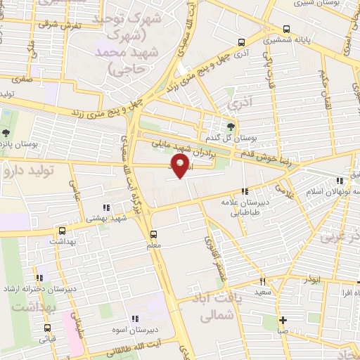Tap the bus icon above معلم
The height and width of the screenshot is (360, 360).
(x=153, y=234)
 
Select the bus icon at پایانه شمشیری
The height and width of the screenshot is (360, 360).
(x=285, y=29)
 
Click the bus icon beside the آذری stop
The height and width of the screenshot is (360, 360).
(x=242, y=42)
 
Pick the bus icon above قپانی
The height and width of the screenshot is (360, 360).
(x=47, y=328)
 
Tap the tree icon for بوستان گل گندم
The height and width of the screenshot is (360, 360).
(x=231, y=125)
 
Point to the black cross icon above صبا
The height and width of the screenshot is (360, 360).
(x=282, y=319)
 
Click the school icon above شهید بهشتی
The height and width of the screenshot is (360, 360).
(x=106, y=207)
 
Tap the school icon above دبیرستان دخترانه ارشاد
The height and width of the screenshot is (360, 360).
(x=39, y=277)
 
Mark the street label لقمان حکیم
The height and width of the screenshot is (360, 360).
(x=323, y=88)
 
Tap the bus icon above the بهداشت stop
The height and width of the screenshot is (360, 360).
(x=62, y=230)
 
